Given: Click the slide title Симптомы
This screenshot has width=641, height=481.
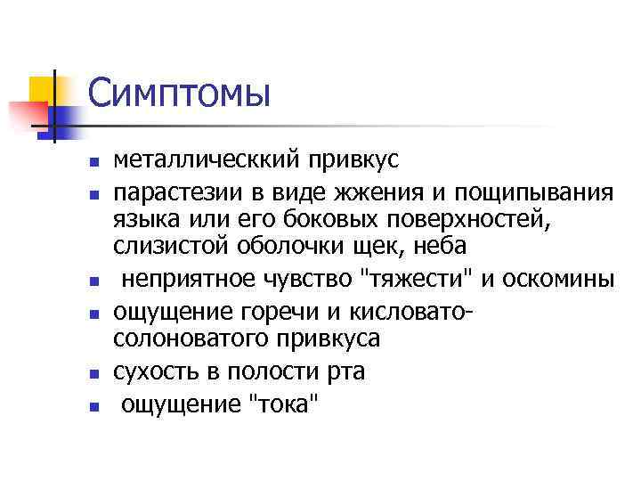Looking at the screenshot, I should [x=178, y=92].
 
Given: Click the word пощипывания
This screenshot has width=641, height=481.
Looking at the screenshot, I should [x=534, y=193].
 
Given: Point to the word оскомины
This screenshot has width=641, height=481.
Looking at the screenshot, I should [x=557, y=278].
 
